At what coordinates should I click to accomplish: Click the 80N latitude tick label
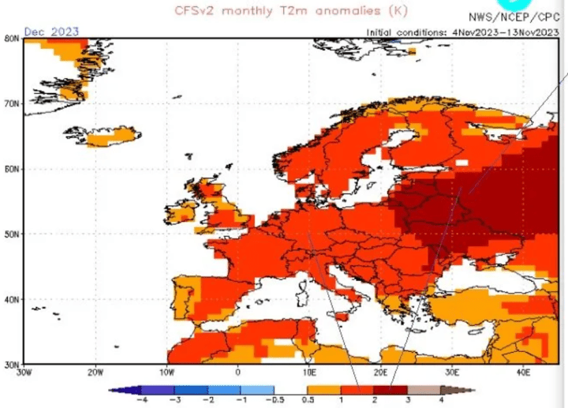11,38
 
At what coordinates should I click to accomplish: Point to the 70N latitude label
11,103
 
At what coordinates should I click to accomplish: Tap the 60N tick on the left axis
11,169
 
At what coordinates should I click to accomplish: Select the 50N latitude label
11,234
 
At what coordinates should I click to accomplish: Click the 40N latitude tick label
11,300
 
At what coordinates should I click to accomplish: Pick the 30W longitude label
24,372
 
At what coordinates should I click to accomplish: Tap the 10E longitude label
309,372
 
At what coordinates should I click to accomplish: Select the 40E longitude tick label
523,372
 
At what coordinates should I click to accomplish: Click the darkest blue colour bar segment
142,390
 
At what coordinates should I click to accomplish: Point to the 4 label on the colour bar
443,400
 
